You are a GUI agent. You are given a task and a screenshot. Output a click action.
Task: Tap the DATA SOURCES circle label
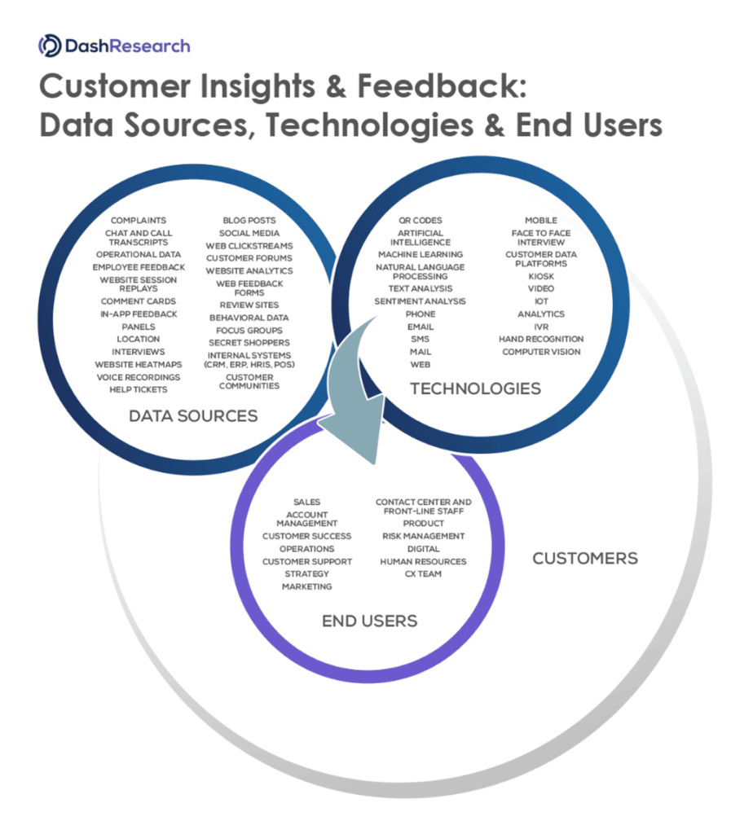coord(193,416)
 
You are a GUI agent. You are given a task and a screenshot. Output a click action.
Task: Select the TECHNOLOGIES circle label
coord(475,388)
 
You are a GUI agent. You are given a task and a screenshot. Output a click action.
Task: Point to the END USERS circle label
coord(369,621)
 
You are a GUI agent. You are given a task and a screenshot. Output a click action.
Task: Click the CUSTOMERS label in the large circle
coord(584,558)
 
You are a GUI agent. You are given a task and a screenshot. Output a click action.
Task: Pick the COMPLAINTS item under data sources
coord(139,220)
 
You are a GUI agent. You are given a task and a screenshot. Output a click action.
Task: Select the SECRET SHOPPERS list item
coord(249,343)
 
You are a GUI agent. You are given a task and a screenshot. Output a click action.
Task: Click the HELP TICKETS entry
coord(139,389)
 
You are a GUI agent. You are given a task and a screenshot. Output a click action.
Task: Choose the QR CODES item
coord(421,220)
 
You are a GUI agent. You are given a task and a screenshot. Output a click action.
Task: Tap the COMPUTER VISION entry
coord(541,352)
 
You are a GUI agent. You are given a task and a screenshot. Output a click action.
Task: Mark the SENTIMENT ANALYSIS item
coord(421,301)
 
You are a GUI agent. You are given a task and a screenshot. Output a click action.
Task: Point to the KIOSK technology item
coord(541,276)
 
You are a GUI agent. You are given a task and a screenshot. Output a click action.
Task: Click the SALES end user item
coord(306,502)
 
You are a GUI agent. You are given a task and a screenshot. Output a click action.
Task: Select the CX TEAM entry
coord(423,573)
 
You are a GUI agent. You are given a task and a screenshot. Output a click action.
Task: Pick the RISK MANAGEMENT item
coord(423,536)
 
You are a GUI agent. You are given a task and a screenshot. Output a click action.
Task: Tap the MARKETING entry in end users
coord(306,586)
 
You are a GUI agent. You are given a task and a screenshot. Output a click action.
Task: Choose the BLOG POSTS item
coord(249,220)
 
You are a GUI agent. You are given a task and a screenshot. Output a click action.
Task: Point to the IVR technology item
coord(541,326)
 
